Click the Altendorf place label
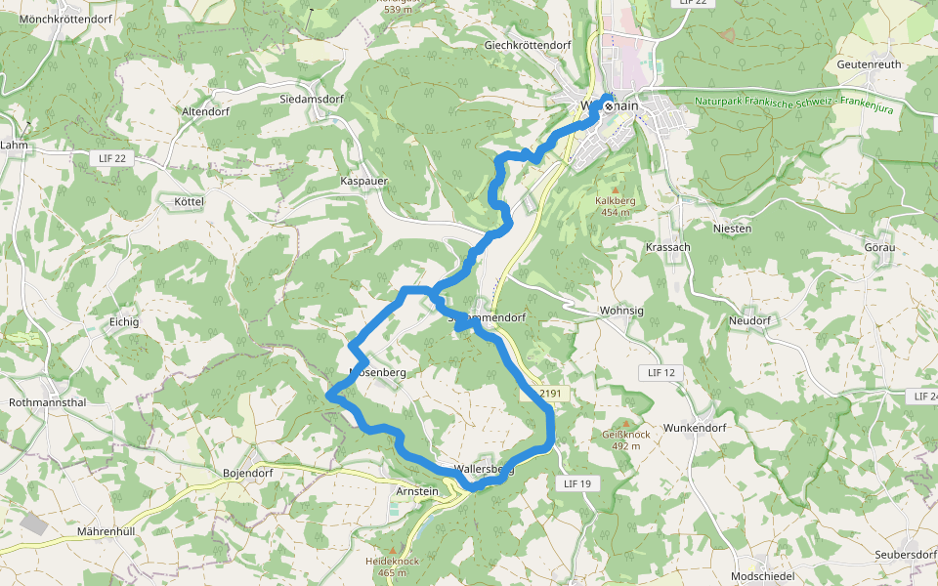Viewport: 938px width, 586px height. pos(205,112)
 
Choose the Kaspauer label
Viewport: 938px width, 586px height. pos(364,182)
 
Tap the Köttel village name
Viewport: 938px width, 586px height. pos(188,201)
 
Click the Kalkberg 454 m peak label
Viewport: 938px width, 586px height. pos(616,206)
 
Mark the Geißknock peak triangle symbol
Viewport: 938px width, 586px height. pos(626,423)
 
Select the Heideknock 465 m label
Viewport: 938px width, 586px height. pos(392,566)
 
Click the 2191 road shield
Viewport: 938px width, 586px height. pos(553,393)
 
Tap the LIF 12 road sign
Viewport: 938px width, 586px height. pos(661,373)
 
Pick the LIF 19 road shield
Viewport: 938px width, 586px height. pos(578,483)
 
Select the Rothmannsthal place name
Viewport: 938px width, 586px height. pos(47,402)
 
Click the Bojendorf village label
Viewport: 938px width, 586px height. pos(247,474)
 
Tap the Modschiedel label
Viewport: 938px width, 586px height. pos(764,576)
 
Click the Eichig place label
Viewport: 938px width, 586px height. pos(124,321)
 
